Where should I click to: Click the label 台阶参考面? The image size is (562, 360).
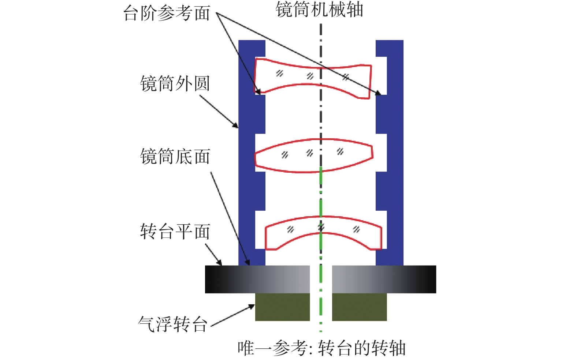[x=167, y=14]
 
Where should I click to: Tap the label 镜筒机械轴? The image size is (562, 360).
[x=319, y=10]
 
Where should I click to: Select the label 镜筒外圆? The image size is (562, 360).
[x=175, y=84]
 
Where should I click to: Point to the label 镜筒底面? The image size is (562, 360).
[x=175, y=157]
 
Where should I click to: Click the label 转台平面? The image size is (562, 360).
[x=175, y=232]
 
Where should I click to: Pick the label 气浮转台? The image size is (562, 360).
[x=172, y=324]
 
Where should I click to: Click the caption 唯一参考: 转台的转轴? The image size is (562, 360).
[x=321, y=348]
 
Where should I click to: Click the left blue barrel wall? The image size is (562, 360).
[x=246, y=154]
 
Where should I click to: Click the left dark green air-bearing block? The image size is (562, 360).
[x=282, y=307]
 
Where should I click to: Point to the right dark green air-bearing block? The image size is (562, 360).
[x=359, y=307]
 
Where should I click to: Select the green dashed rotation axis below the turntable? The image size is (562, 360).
[x=321, y=311]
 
